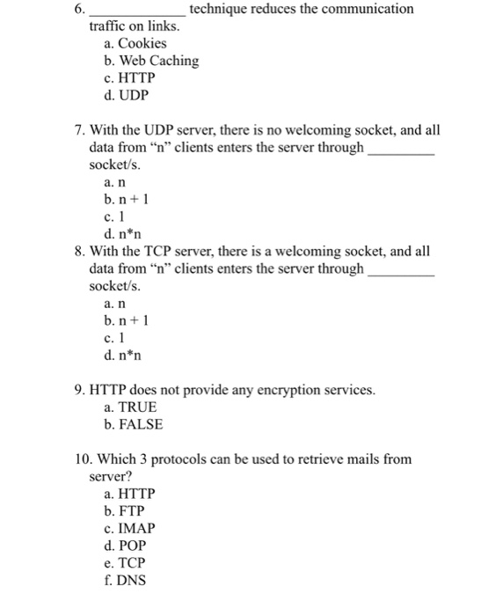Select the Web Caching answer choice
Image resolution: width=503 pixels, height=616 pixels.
pyautogui.click(x=150, y=61)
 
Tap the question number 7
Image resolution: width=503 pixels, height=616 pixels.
pyautogui.click(x=80, y=130)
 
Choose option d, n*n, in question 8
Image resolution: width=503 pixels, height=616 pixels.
pyautogui.click(x=122, y=355)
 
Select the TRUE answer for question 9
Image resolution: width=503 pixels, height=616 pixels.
pyautogui.click(x=130, y=407)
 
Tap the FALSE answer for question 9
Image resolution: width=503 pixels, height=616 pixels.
pyautogui.click(x=133, y=424)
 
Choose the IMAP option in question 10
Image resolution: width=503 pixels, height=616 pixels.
pyautogui.click(x=129, y=528)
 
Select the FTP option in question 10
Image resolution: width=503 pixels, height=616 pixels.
pyautogui.click(x=125, y=510)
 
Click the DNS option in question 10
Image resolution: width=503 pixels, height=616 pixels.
pyautogui.click(x=125, y=580)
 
